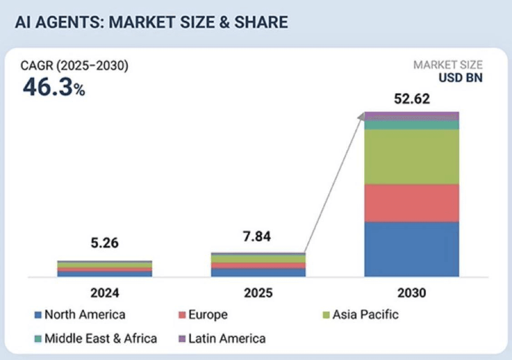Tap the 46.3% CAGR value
point(54,87)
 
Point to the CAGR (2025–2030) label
point(75,66)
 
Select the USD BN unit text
point(461,77)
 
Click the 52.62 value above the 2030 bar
point(411,99)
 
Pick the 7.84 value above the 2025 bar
point(258,237)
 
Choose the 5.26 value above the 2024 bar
point(104,243)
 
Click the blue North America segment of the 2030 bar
point(411,248)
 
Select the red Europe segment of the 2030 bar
point(411,203)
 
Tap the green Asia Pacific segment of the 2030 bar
point(411,157)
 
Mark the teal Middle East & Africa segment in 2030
point(411,125)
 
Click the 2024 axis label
point(104,292)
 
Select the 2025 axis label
point(258,292)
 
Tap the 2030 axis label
point(411,292)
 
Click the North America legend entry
point(80,314)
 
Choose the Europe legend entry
point(203,314)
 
